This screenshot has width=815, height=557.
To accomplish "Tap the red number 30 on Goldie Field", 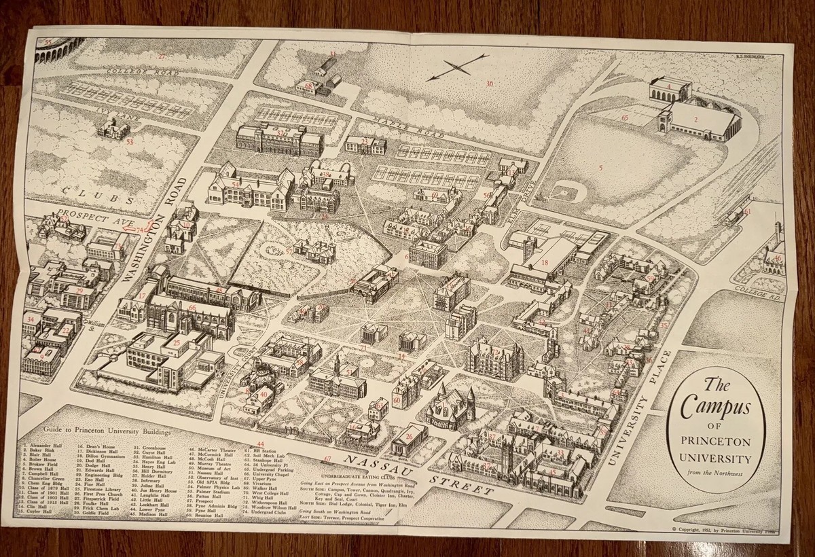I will pyautogui.click(x=488, y=84).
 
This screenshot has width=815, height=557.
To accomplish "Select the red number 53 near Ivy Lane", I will pyautogui.click(x=129, y=141).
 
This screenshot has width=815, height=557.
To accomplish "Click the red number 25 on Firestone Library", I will pyautogui.click(x=177, y=344).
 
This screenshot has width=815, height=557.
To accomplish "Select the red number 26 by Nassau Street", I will pyautogui.click(x=409, y=437).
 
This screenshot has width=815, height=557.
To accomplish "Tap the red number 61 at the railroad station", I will pyautogui.click(x=746, y=213).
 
